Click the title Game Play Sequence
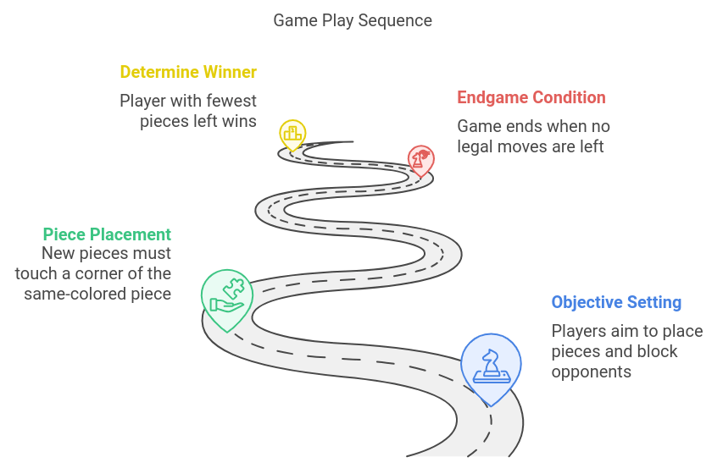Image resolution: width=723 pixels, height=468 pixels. (x=352, y=20)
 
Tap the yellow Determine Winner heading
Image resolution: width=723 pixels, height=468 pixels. (x=187, y=72)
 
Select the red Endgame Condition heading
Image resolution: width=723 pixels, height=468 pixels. (x=531, y=97)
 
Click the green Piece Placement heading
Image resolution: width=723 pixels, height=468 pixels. (x=107, y=234)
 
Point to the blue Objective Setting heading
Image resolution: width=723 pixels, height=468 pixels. (x=616, y=302)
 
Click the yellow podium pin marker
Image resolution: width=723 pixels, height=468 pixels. (x=292, y=134)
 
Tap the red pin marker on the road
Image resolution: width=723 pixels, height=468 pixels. (x=420, y=158)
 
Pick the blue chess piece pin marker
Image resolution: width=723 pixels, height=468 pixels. (x=490, y=364)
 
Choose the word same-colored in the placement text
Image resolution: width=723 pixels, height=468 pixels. (x=75, y=294)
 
